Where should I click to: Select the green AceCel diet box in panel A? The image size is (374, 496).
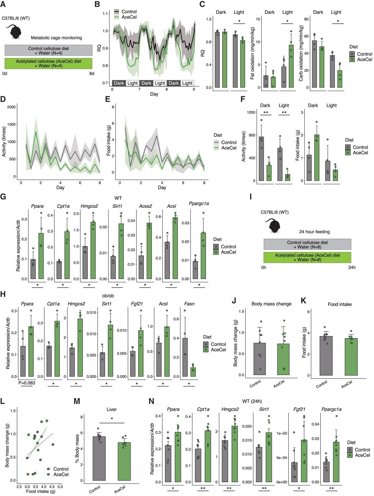click(x=48, y=64)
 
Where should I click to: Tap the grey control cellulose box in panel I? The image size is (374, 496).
click(x=307, y=244)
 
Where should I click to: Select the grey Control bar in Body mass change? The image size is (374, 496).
click(x=260, y=359)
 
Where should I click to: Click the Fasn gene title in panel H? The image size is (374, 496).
click(x=189, y=304)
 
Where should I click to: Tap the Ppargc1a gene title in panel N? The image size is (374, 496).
click(x=331, y=409)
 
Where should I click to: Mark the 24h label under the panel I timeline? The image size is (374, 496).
click(x=352, y=267)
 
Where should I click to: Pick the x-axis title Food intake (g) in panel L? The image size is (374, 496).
click(x=40, y=492)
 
